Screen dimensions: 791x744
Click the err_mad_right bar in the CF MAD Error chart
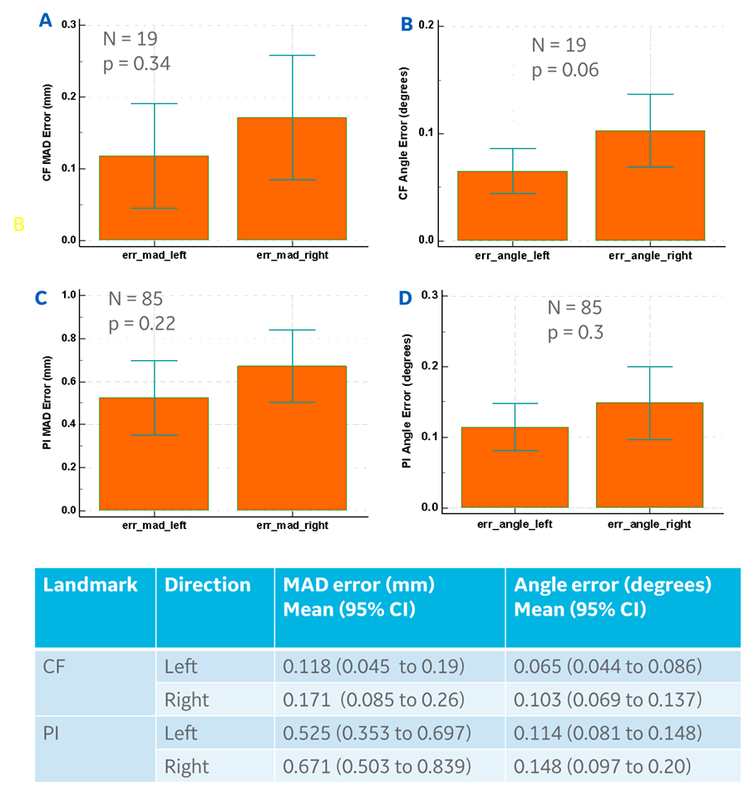click(292, 179)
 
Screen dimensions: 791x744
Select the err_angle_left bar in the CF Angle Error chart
click(512, 205)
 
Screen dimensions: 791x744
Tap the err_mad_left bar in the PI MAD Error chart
click(154, 453)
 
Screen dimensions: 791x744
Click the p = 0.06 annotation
click(565, 70)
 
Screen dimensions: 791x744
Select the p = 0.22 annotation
click(142, 324)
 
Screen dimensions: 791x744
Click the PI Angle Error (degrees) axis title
click(406, 401)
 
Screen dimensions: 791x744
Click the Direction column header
click(207, 585)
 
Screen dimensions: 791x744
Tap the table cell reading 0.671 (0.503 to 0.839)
click(377, 766)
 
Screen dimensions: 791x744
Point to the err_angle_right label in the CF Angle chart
click(650, 256)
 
